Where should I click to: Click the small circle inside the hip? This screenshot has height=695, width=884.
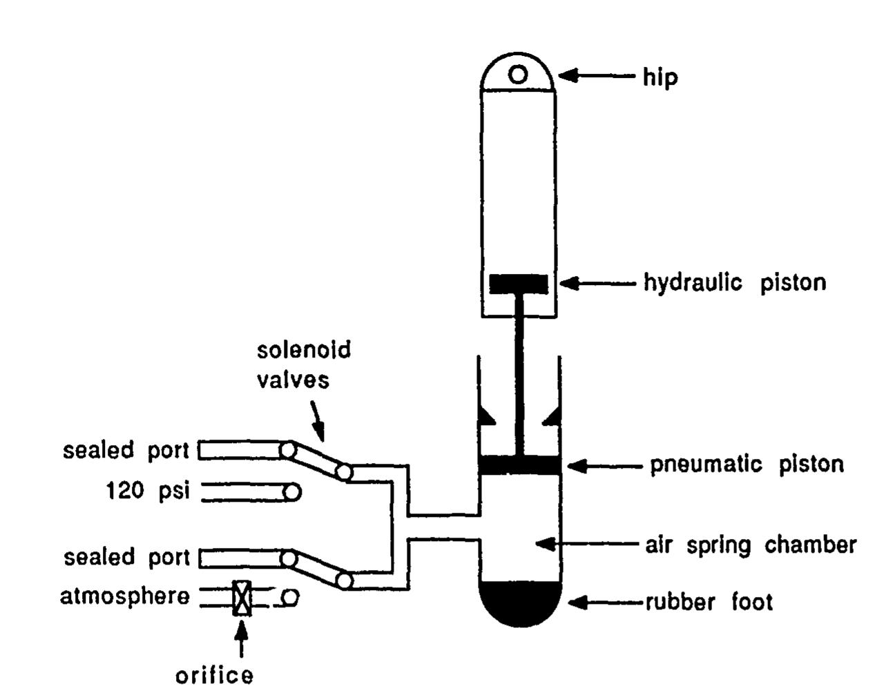point(519,74)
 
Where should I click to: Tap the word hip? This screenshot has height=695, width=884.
point(660,77)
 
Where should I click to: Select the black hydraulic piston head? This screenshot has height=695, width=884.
point(519,284)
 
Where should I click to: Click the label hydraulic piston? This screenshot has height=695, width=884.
point(734,283)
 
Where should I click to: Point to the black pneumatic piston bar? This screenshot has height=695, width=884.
point(520,466)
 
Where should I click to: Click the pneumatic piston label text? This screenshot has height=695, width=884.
point(747,464)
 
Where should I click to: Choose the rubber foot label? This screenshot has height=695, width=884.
point(709,603)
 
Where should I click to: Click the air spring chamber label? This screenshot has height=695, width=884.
point(751,545)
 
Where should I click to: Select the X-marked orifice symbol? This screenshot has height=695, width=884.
point(242,598)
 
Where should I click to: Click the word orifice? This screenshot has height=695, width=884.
point(214,675)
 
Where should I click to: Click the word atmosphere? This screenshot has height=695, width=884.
point(124,596)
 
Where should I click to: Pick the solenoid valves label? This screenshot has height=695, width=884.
point(303,364)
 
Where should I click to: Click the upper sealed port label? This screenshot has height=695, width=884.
point(126,451)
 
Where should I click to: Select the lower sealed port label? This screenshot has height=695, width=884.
point(126,557)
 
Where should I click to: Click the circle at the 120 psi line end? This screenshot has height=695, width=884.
point(292,492)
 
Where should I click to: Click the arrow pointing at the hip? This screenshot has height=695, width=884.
point(595,75)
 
